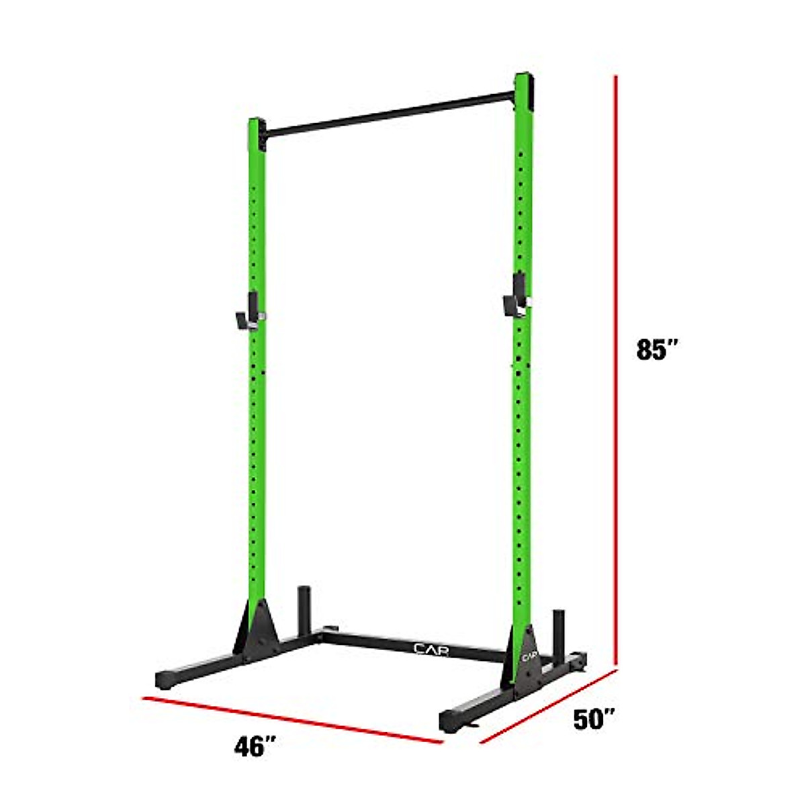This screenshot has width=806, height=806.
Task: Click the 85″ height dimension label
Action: click(x=658, y=350)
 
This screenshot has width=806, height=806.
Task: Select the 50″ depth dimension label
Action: click(x=595, y=720)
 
